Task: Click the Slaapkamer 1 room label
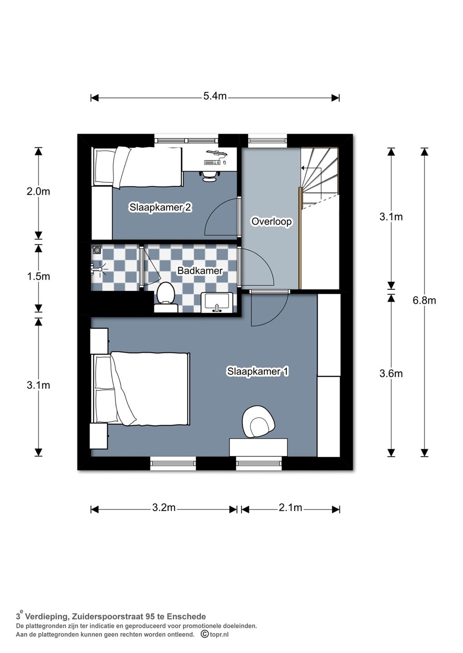pos(258,372)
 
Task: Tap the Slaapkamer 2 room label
pos(160,208)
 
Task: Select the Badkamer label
pos(200,271)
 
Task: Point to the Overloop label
pos(271,222)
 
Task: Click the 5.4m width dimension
pos(215,96)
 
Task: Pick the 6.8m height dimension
pos(424,300)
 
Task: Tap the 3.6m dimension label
pos(391,374)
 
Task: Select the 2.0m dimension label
pos(38,192)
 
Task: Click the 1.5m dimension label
pos(38,276)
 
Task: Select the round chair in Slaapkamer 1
pos(258,422)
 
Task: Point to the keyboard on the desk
pos(212,162)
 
